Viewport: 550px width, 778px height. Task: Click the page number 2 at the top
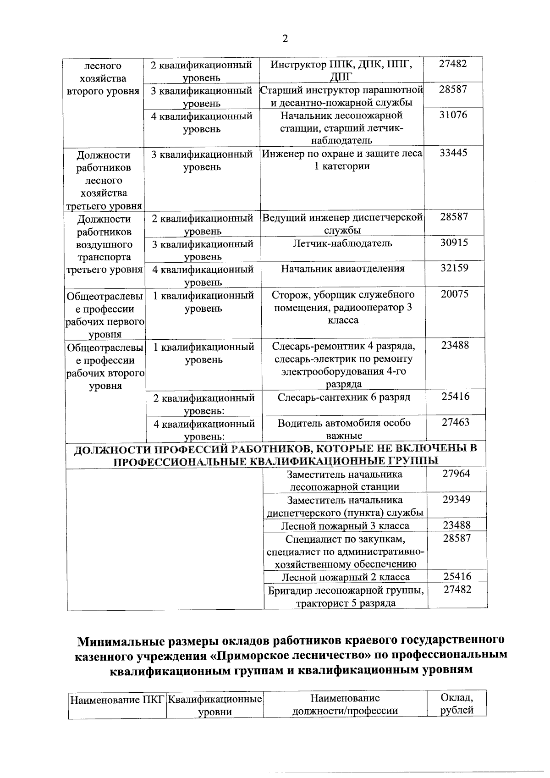click(x=285, y=39)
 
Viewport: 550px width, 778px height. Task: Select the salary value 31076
click(x=453, y=115)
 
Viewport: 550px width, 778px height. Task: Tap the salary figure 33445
click(x=453, y=153)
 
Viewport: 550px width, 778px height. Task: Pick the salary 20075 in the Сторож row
click(x=455, y=294)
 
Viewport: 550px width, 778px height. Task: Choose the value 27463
click(x=456, y=422)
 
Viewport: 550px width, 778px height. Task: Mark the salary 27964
click(x=456, y=474)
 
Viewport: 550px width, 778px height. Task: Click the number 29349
click(x=456, y=499)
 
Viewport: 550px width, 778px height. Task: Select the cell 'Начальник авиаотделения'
click(x=343, y=269)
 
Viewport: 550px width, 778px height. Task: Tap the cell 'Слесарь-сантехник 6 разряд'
click(x=344, y=397)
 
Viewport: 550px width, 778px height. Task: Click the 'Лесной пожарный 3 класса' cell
click(x=345, y=526)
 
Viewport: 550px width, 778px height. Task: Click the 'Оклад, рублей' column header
click(x=456, y=705)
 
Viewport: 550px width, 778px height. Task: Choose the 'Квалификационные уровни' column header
click(x=214, y=706)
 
